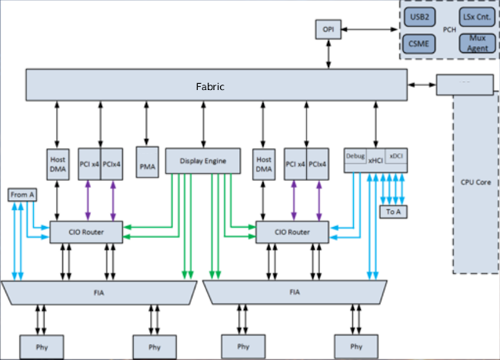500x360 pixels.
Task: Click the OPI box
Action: pos(328,29)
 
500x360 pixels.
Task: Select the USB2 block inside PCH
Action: pos(419,16)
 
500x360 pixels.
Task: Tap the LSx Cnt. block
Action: pos(476,16)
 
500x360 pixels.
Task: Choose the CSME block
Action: pos(419,43)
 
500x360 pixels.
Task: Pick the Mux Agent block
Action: pos(476,43)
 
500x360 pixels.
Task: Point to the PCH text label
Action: pos(448,30)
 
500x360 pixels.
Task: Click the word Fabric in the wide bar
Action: pos(209,86)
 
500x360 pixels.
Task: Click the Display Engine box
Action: pos(203,161)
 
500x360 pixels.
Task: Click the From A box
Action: pos(22,195)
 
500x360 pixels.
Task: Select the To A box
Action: pos(392,212)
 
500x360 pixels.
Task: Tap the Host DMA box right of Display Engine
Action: pos(263,163)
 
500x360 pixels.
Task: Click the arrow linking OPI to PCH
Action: pos(368,29)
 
